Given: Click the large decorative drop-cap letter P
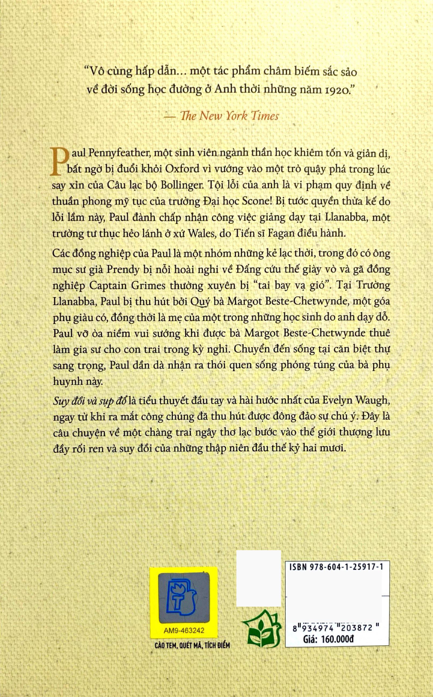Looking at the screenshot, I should tap(60, 161).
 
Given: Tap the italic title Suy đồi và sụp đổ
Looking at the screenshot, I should tap(90, 401).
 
